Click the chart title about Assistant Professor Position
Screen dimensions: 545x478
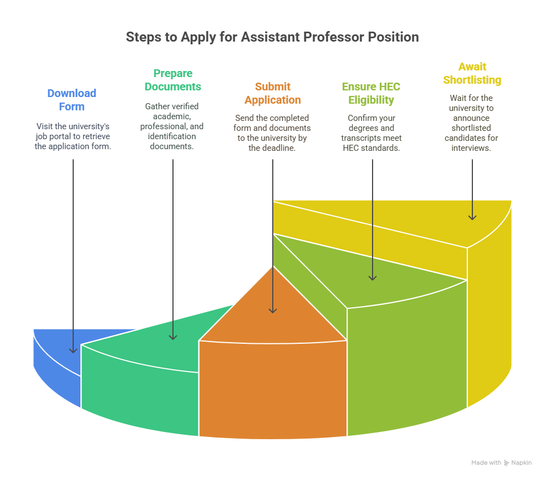pyautogui.click(x=272, y=37)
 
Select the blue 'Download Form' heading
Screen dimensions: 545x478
pyautogui.click(x=72, y=100)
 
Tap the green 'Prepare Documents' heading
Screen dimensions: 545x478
pyautogui.click(x=173, y=80)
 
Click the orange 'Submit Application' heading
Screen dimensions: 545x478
pyautogui.click(x=273, y=93)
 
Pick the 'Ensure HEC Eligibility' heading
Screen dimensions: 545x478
pyautogui.click(x=371, y=93)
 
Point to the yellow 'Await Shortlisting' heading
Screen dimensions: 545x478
pyautogui.click(x=472, y=73)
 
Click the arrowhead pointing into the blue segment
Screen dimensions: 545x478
pyautogui.click(x=73, y=350)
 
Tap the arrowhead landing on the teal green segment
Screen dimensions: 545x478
pyautogui.click(x=173, y=337)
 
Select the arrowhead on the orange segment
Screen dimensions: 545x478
pyautogui.click(x=273, y=311)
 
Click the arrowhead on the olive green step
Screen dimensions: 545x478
pyautogui.click(x=373, y=277)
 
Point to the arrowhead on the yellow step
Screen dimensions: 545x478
pyautogui.click(x=472, y=217)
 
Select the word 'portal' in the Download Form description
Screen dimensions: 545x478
pyautogui.click(x=57, y=136)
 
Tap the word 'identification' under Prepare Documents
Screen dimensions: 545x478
pyautogui.click(x=172, y=136)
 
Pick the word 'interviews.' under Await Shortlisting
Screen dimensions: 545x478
pyautogui.click(x=471, y=148)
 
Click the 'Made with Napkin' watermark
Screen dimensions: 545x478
pyautogui.click(x=502, y=462)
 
